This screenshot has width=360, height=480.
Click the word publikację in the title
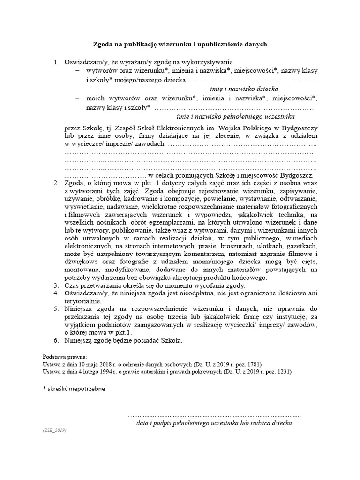(x=138, y=45)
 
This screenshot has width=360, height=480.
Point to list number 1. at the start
(x=56, y=61)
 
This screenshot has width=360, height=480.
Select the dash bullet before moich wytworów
(x=77, y=98)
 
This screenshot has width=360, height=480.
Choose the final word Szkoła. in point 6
(x=169, y=340)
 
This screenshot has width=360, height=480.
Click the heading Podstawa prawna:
(x=61, y=356)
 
